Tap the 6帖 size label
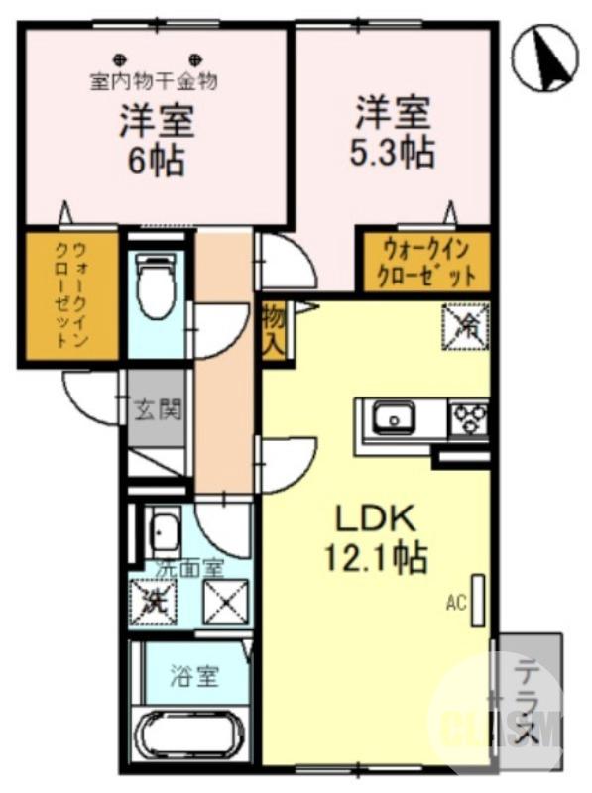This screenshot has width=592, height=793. click(x=156, y=161)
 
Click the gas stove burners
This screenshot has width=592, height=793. click(x=468, y=419)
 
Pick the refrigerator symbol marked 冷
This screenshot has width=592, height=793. click(x=467, y=324)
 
